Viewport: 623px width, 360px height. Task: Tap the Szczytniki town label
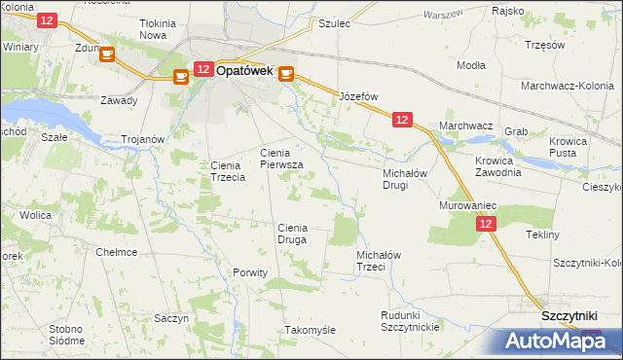point(574,318)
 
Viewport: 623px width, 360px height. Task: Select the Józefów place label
point(357,96)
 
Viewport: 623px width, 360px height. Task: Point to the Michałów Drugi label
point(402,178)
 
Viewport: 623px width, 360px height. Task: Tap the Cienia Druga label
point(292,233)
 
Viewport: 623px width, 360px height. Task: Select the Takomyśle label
point(310,330)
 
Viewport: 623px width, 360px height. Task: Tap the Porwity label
point(250,272)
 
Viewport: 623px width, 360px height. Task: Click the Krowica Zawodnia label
point(498,165)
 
